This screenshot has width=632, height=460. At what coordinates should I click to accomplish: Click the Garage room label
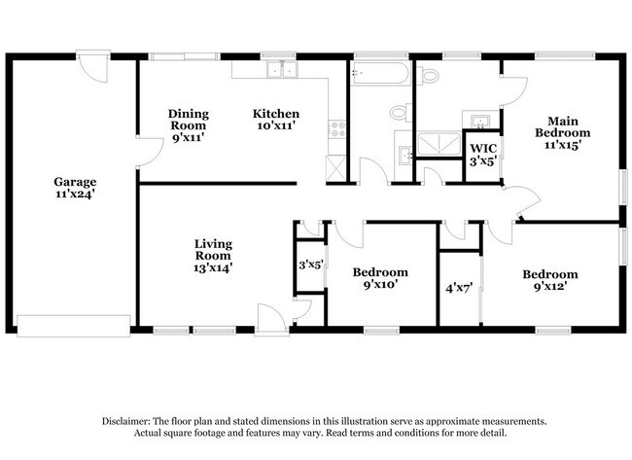74,188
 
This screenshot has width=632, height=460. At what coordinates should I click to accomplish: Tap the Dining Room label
188,124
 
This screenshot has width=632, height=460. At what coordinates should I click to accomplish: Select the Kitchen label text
275,119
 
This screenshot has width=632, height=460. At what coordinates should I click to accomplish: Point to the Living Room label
212,255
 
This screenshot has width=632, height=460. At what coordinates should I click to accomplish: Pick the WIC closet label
483,155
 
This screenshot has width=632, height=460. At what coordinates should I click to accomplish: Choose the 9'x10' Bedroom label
380,278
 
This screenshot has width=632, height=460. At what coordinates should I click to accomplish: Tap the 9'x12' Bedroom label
549,280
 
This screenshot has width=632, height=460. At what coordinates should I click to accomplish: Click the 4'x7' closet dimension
458,289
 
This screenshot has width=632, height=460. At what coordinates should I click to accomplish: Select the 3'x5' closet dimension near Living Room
310,264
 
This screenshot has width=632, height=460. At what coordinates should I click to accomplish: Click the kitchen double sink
283,69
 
